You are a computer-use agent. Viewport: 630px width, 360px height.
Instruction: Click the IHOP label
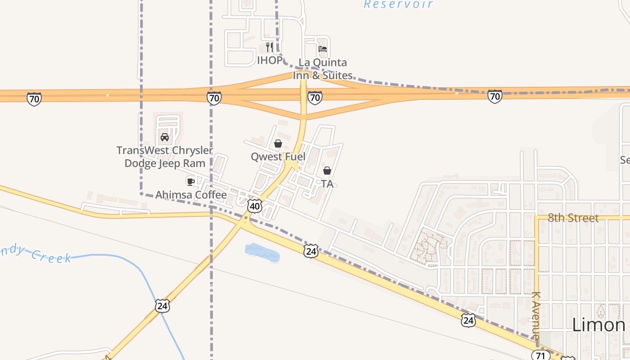tap(270, 60)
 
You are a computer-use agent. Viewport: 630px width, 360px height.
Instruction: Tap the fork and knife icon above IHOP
tap(270, 47)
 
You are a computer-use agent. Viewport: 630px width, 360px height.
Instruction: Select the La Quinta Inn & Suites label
tap(323, 69)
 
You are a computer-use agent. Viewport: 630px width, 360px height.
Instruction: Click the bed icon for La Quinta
tap(323, 49)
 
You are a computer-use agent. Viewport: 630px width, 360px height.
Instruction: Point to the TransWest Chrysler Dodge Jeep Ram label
tap(165, 157)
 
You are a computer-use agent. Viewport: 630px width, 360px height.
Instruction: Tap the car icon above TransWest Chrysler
tap(165, 137)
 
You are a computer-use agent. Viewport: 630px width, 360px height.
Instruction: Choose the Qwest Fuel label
tap(278, 157)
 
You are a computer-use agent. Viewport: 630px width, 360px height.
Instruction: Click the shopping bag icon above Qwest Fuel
tap(278, 144)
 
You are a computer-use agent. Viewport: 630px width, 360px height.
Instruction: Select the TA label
tap(327, 184)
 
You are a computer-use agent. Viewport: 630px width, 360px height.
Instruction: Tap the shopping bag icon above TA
tap(327, 171)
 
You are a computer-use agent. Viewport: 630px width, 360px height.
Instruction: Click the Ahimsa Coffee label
tap(191, 195)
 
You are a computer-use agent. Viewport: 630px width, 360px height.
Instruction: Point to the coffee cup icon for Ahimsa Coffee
tap(190, 181)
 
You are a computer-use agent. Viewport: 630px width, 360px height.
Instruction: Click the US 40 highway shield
tap(255, 206)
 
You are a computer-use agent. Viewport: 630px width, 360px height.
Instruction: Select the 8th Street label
tap(573, 218)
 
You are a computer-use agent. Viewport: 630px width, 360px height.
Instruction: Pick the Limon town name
tap(598, 325)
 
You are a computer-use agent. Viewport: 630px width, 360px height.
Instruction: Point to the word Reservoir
tap(398, 4)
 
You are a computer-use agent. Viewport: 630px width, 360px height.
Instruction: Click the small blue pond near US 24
tap(262, 252)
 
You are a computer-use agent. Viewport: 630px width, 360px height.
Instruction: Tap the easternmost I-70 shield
tap(495, 96)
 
